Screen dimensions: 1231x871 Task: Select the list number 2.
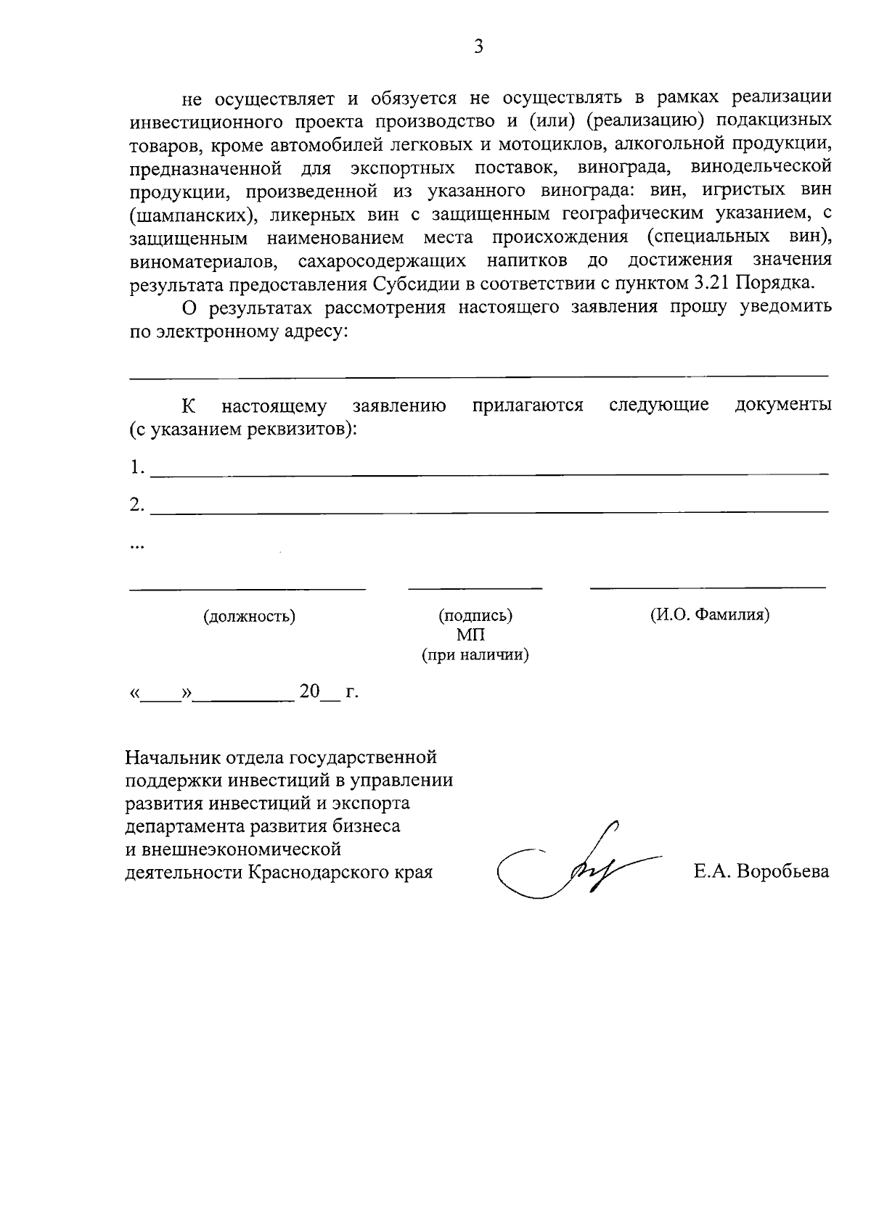point(136,505)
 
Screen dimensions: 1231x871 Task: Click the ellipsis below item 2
point(136,545)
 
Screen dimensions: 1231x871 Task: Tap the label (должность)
point(249,617)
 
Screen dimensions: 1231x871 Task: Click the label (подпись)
point(475,616)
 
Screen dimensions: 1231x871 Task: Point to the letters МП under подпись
point(471,635)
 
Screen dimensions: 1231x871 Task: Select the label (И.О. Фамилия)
point(709,615)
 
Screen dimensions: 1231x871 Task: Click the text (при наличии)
point(475,656)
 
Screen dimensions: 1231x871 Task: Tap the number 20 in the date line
point(309,691)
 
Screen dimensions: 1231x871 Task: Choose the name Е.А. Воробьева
point(761,872)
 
